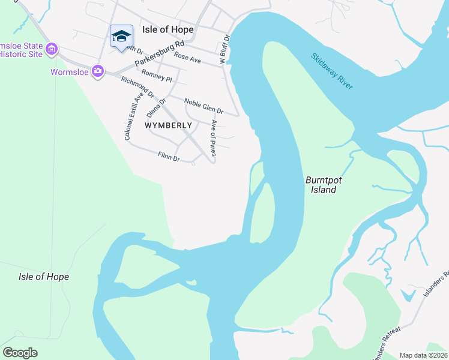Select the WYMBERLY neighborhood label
tap(169, 125)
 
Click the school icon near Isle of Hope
tap(121, 36)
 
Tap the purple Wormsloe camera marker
tap(97, 72)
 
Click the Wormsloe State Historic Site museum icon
tap(52, 49)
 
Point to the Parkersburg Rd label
tap(159, 54)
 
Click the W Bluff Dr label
tap(224, 49)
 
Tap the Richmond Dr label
tap(137, 88)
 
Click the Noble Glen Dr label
tap(203, 107)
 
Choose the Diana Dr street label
tap(155, 108)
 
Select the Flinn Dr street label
tap(168, 157)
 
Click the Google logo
tap(20, 353)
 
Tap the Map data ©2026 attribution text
tap(423, 355)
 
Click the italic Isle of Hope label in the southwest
tap(44, 277)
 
